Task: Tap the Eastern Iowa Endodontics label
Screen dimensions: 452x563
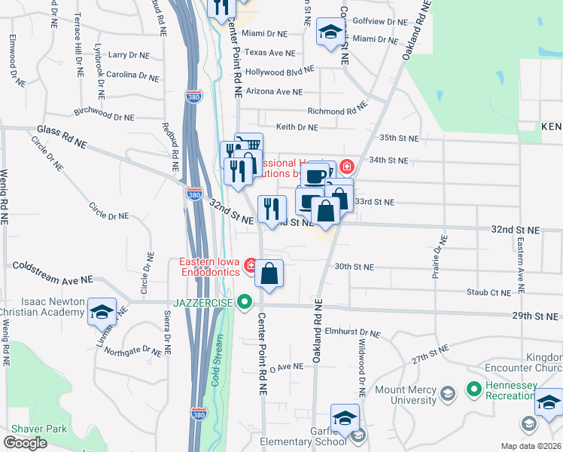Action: [208, 267]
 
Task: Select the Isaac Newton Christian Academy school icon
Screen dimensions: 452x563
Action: [101, 312]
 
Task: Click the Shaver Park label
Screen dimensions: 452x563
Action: [37, 429]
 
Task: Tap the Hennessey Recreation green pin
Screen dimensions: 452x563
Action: [473, 389]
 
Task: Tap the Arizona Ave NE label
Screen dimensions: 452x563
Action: [273, 92]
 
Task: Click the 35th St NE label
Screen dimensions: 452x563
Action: [398, 139]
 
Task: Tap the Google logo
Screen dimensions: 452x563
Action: [26, 443]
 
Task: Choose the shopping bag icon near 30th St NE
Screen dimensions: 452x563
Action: [269, 273]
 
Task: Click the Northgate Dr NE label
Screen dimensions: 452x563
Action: [132, 350]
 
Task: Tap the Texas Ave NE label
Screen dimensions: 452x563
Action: [269, 53]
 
